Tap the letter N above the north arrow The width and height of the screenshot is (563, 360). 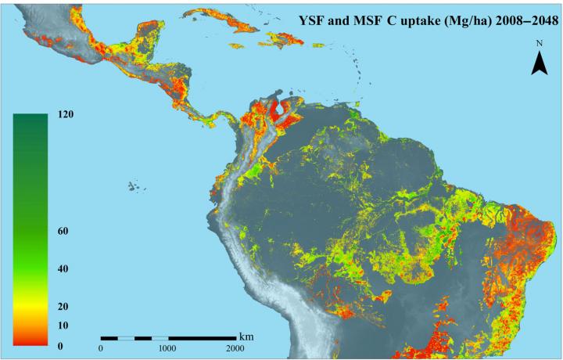[x=539, y=44]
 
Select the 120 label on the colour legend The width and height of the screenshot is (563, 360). [x=66, y=114]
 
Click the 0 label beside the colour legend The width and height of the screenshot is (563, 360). [x=60, y=345]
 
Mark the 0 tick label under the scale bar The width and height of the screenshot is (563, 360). [x=101, y=348]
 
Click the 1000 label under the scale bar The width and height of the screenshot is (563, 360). [x=167, y=348]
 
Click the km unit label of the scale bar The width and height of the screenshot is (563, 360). [x=247, y=332]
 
